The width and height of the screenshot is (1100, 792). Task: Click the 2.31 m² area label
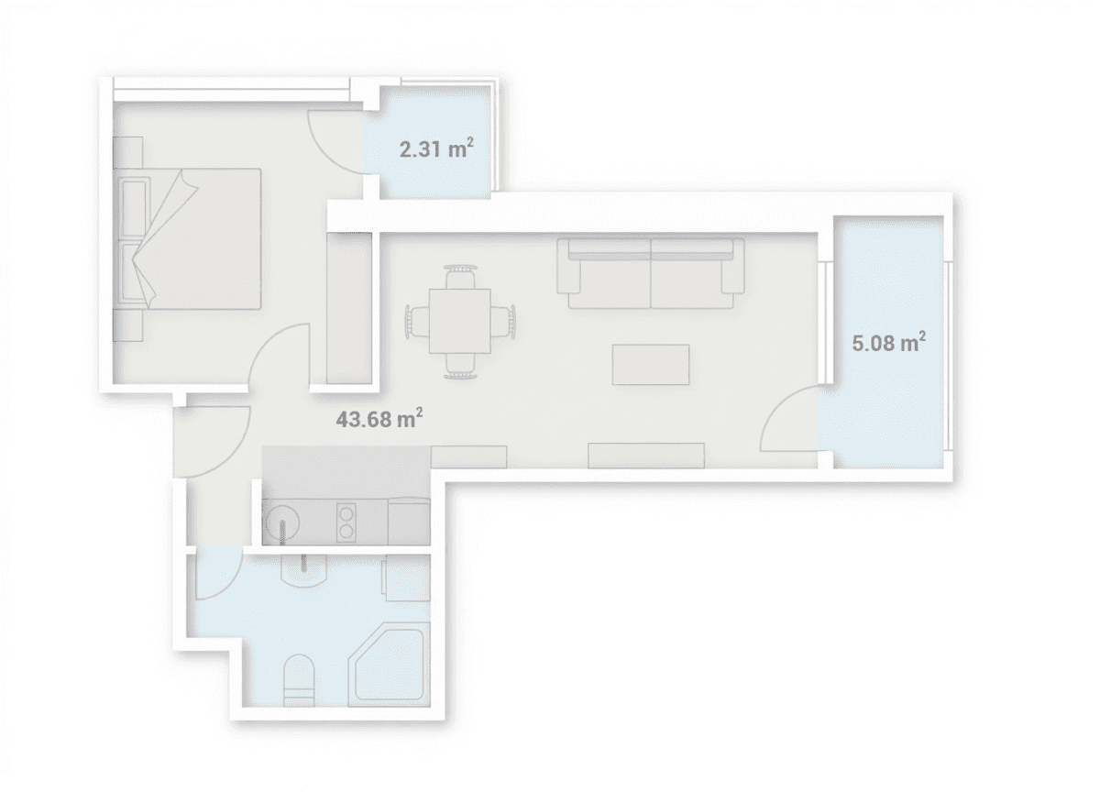(435, 148)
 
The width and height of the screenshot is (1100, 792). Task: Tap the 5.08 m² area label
(887, 344)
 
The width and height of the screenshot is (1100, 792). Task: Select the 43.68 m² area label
(379, 420)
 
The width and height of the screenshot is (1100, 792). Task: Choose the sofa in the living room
(651, 273)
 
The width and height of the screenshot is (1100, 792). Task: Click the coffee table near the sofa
(651, 364)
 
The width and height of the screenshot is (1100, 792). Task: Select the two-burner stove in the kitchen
(347, 522)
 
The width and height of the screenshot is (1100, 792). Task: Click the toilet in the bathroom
(300, 678)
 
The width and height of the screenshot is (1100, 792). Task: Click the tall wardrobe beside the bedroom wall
(349, 307)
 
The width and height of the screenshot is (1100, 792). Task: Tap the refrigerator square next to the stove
(409, 522)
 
